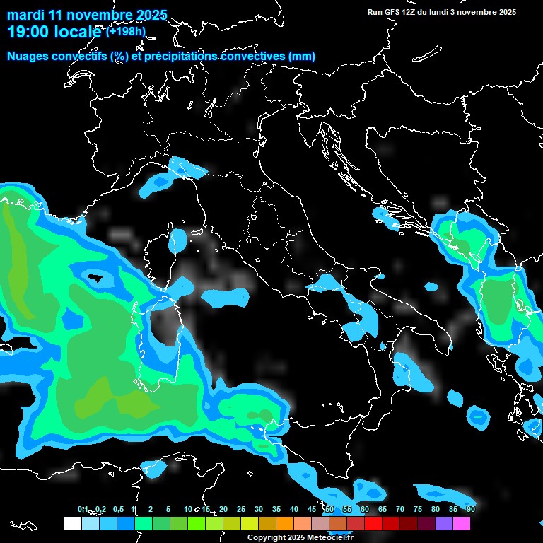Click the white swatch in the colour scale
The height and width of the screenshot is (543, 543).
point(73,523)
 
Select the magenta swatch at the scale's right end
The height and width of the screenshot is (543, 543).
point(462,523)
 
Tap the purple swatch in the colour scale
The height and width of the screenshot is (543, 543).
point(444,523)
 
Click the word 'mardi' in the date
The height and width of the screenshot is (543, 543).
point(23,15)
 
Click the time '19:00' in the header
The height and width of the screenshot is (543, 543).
point(30,32)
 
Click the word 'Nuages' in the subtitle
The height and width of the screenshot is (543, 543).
point(28,57)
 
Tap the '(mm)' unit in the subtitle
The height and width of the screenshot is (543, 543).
point(302,57)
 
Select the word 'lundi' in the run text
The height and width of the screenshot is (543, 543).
point(444,12)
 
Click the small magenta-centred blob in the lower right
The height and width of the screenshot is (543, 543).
point(479,416)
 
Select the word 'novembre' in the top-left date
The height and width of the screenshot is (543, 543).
point(90,15)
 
